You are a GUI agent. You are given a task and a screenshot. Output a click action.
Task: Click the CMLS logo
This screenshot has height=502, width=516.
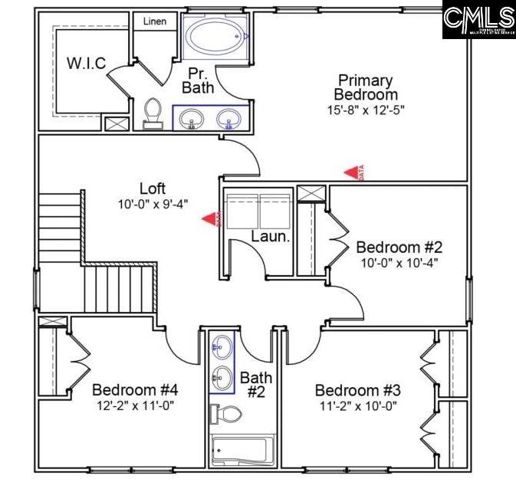479,20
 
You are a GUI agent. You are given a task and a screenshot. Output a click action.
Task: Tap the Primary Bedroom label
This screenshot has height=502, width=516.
366,87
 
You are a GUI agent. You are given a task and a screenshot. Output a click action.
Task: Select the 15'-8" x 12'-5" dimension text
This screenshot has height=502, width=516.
366,110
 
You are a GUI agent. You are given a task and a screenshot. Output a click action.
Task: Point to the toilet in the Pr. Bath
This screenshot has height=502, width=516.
153,113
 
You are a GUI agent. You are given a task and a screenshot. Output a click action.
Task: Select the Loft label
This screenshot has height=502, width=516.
153,189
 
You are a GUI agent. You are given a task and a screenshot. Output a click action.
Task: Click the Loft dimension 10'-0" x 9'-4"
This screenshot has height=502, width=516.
153,204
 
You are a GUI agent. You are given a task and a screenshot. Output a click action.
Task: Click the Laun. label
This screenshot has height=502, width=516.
271,237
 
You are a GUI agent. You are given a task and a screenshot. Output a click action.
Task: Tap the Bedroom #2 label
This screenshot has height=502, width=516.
399,248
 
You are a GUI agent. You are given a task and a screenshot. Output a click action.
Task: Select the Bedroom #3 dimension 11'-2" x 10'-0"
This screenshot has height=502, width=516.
357,406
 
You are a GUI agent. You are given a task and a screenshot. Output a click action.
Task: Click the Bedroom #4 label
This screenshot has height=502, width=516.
135,389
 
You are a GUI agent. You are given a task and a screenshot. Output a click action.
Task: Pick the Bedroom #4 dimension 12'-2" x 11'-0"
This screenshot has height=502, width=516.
135,405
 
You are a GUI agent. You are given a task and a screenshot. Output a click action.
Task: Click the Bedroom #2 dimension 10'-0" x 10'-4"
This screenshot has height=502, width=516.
399,264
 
